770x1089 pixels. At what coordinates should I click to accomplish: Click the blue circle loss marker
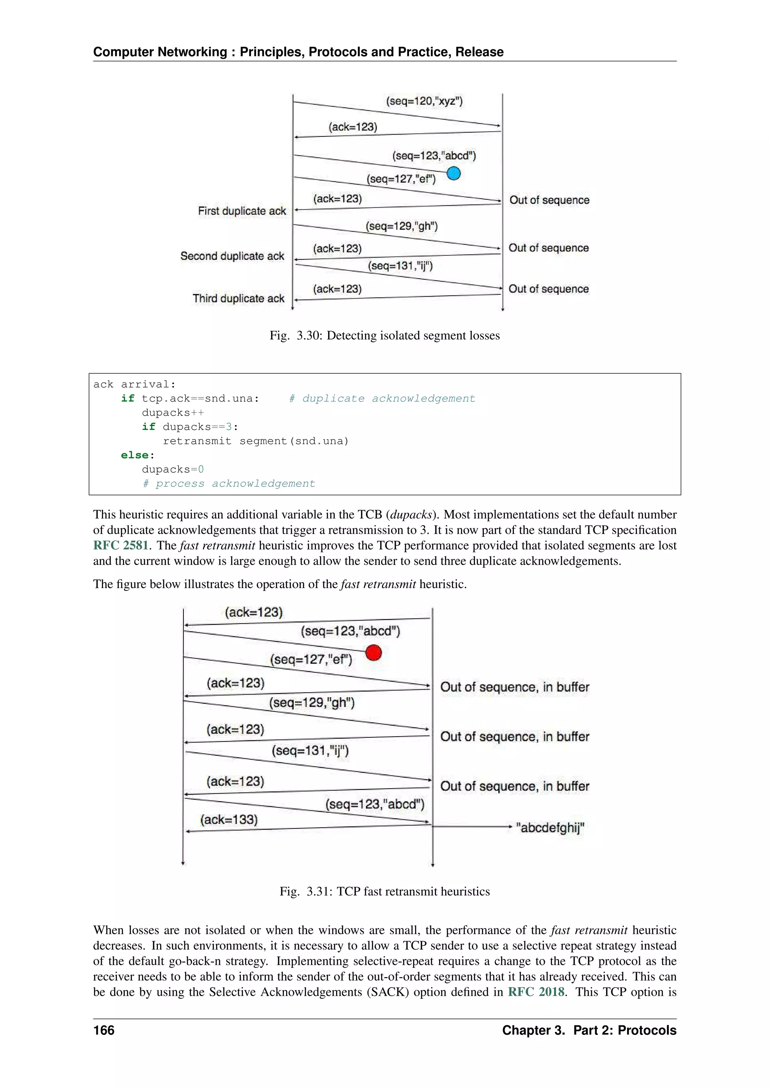(x=453, y=174)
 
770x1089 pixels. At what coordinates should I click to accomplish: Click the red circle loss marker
(x=374, y=653)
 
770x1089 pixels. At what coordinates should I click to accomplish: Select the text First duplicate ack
(x=242, y=211)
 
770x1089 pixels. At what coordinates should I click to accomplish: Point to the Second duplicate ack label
(x=232, y=256)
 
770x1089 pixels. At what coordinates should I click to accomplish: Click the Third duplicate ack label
(x=238, y=298)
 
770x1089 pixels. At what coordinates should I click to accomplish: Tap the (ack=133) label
(x=229, y=820)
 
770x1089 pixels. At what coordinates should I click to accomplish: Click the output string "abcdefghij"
(x=550, y=828)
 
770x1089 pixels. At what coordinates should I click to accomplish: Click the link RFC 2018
(x=536, y=992)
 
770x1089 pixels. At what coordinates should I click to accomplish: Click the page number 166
(x=104, y=1030)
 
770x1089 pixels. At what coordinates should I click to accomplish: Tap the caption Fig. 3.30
(x=385, y=336)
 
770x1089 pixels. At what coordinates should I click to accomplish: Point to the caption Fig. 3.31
(x=385, y=891)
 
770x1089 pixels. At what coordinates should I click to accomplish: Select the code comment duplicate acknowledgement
(x=382, y=399)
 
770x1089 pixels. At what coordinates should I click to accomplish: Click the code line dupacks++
(x=173, y=413)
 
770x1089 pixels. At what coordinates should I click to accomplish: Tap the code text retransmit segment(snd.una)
(x=256, y=441)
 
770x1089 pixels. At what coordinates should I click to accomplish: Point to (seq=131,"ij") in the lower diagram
(x=310, y=751)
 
